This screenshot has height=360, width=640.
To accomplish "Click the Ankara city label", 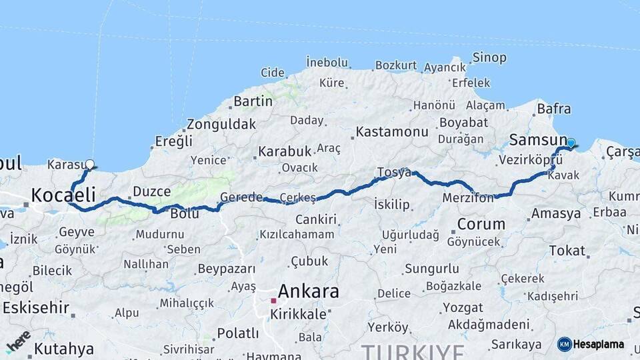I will click(308, 291).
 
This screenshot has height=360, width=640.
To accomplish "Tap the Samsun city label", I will click(536, 139).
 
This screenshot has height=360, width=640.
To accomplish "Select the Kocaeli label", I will click(63, 195).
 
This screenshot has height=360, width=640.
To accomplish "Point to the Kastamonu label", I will click(392, 132).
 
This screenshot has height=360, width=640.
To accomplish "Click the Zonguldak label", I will click(221, 125).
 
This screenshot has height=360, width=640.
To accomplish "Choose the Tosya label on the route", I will click(394, 172).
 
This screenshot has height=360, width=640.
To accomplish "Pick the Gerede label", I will click(241, 198).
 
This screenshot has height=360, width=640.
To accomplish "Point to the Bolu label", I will click(185, 214).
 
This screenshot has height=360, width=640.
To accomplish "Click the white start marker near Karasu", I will click(90, 163).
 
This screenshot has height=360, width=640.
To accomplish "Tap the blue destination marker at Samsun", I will click(571, 143).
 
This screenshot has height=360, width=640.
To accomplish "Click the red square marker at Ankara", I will click(273, 301).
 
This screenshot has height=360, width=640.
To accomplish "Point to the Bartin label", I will click(253, 101).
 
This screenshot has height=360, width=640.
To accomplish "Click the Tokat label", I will click(567, 251).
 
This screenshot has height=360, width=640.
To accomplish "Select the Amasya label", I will click(556, 214).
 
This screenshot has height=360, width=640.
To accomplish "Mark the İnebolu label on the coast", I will click(327, 63).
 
